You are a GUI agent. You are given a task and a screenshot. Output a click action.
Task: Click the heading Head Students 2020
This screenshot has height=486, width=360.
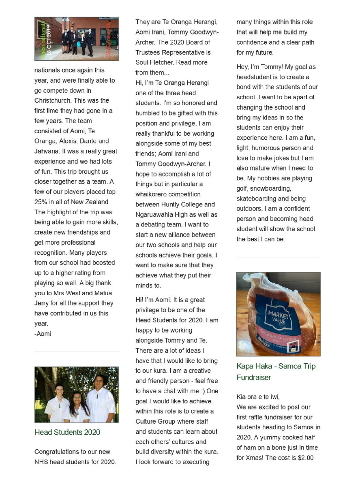pyautogui.click(x=67, y=432)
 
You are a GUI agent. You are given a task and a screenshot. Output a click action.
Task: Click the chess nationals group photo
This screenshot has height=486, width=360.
pyautogui.click(x=77, y=39)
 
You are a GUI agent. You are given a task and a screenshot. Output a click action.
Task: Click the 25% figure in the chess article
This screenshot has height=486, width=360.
pyautogui.click(x=42, y=202)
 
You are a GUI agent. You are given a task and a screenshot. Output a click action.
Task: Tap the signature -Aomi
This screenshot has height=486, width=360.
pyautogui.click(x=43, y=334)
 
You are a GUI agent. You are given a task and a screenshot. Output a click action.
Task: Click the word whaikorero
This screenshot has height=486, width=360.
pyautogui.click(x=152, y=194)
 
